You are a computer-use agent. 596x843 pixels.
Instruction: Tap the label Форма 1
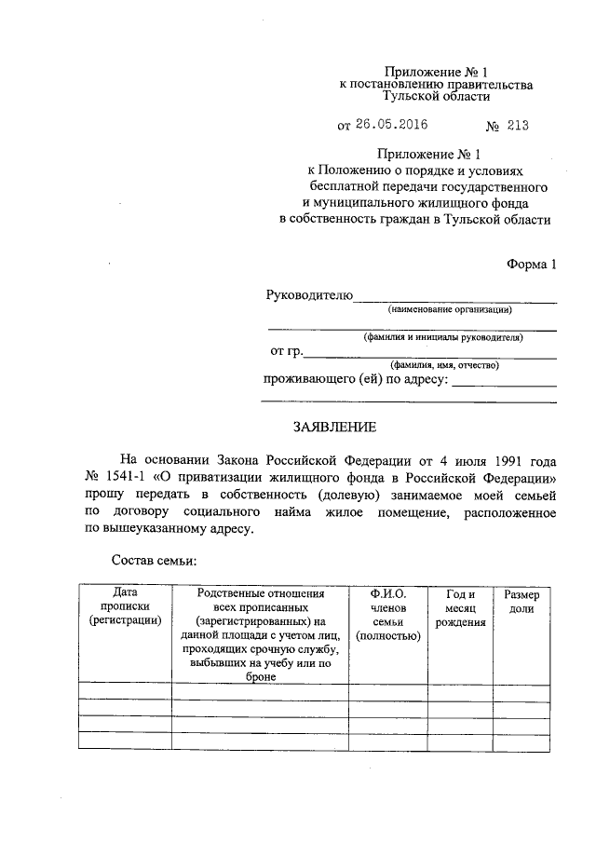pyautogui.click(x=531, y=265)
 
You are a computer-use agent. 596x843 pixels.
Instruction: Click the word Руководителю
pyautogui.click(x=309, y=295)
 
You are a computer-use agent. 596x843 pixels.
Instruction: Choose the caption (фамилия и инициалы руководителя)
pyautogui.click(x=442, y=337)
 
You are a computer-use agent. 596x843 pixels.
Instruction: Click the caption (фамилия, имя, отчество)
pyautogui.click(x=445, y=365)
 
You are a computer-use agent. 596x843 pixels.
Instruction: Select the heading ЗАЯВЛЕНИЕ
pyautogui.click(x=334, y=427)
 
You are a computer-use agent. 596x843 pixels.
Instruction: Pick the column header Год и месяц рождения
pyautogui.click(x=460, y=608)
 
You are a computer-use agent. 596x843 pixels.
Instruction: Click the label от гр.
pyautogui.click(x=286, y=351)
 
